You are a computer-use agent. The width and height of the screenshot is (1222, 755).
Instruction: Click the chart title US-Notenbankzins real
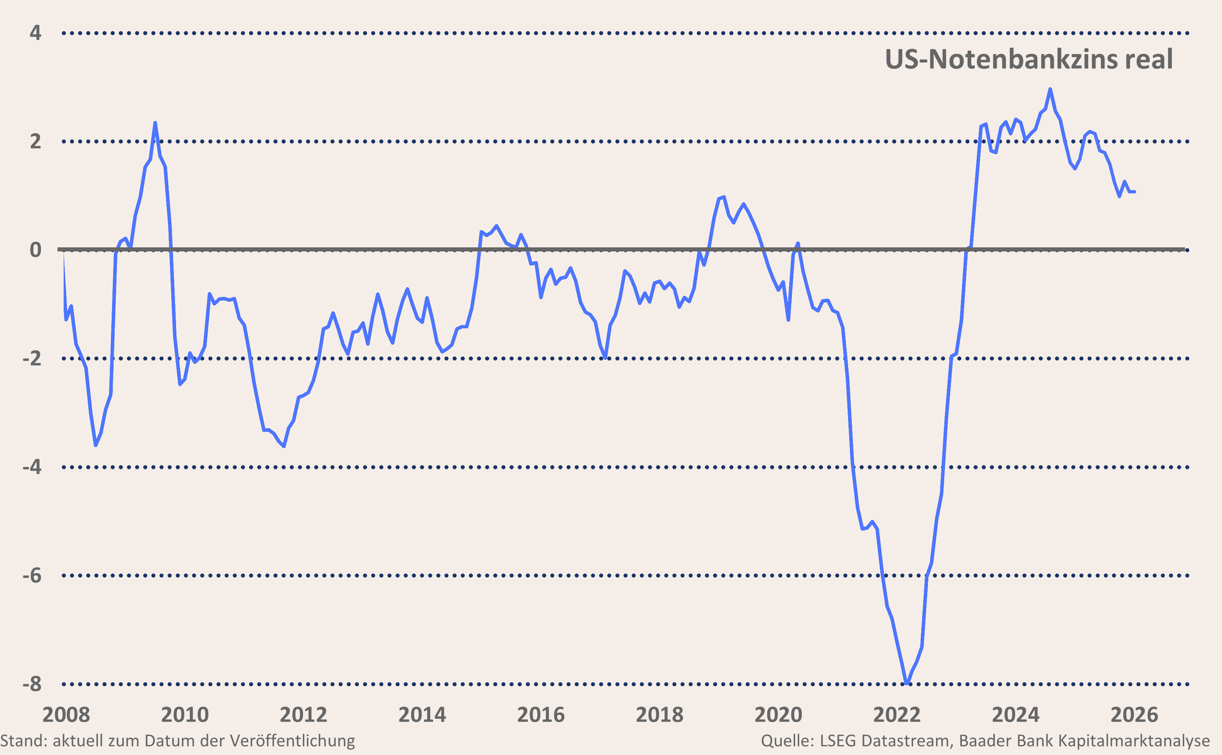click(1028, 60)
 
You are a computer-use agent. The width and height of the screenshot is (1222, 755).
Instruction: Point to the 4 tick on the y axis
click(36, 33)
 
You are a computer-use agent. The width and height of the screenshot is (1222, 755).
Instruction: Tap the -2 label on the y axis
click(32, 359)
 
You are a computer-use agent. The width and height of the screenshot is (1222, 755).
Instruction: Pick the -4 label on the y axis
click(32, 467)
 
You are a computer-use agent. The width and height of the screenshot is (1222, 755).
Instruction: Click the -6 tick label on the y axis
click(32, 576)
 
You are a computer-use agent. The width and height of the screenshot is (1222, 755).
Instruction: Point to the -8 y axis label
click(32, 684)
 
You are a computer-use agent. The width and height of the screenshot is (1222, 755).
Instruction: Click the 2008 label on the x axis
click(66, 715)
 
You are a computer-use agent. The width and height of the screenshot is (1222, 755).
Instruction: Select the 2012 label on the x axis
click(303, 715)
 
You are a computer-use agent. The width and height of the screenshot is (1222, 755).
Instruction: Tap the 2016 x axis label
click(540, 715)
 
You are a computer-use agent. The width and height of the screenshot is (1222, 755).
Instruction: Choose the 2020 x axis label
click(778, 715)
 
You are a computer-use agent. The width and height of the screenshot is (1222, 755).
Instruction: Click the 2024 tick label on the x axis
click(1015, 715)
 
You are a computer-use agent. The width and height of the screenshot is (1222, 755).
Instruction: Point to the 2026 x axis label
click(1134, 715)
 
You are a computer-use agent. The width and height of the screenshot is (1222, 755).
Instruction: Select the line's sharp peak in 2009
click(155, 123)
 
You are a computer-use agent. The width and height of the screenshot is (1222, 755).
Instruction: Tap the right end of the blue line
click(1135, 192)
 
